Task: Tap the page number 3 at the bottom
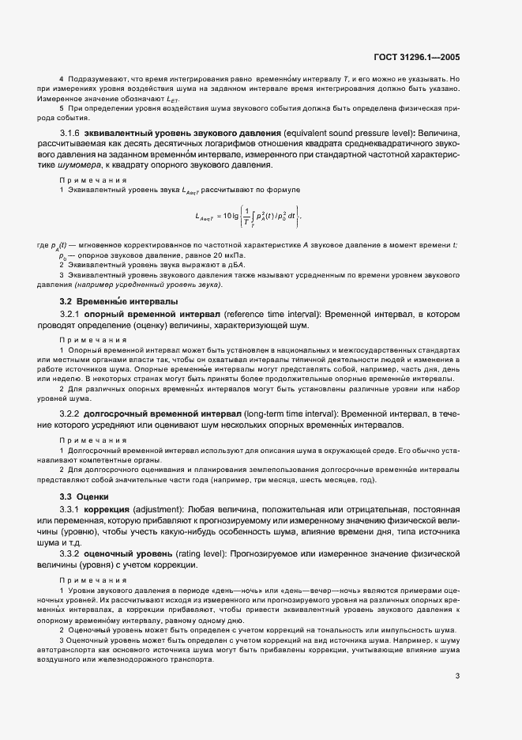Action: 457,653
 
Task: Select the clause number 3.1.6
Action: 73,130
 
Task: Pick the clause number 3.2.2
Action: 73,413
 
